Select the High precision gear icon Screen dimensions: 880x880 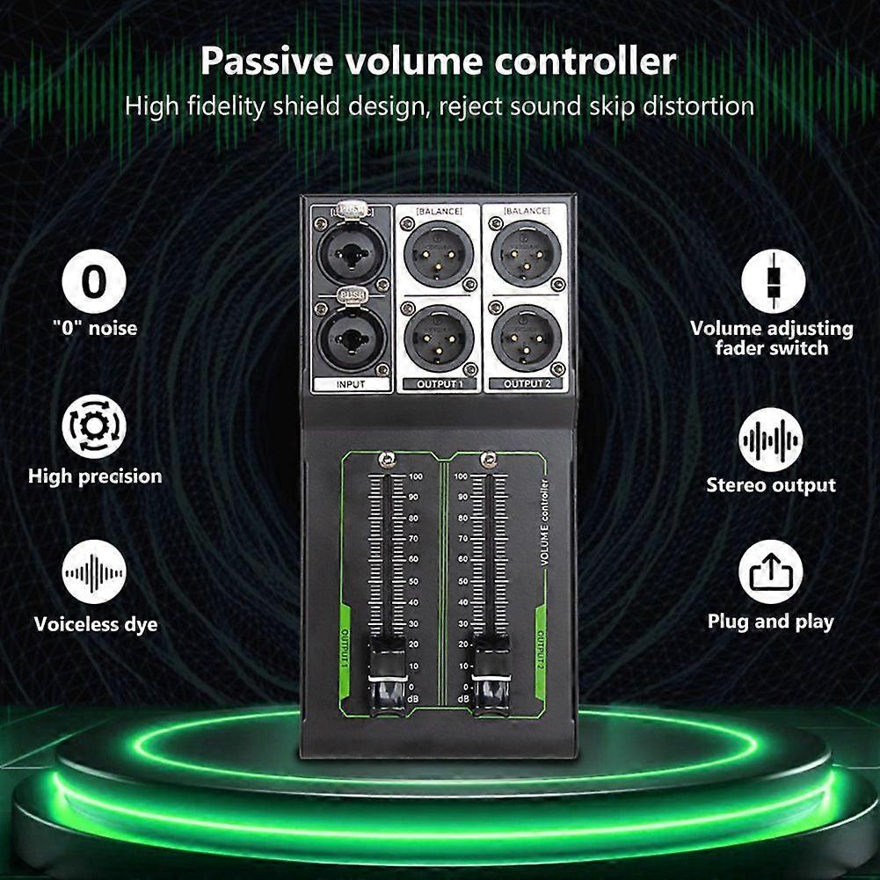tap(94, 426)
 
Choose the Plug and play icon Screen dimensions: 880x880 tap(772, 573)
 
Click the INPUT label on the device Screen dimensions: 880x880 tap(350, 384)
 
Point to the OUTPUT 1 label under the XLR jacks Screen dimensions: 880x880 tap(437, 384)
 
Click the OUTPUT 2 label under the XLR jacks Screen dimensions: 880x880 tap(526, 384)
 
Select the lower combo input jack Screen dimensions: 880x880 tap(350, 338)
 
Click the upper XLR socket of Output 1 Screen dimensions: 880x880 tap(437, 251)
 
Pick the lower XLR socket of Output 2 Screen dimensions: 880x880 tap(526, 337)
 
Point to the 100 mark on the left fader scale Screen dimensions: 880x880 tap(415, 476)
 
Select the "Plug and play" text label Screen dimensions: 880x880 tap(770, 622)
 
